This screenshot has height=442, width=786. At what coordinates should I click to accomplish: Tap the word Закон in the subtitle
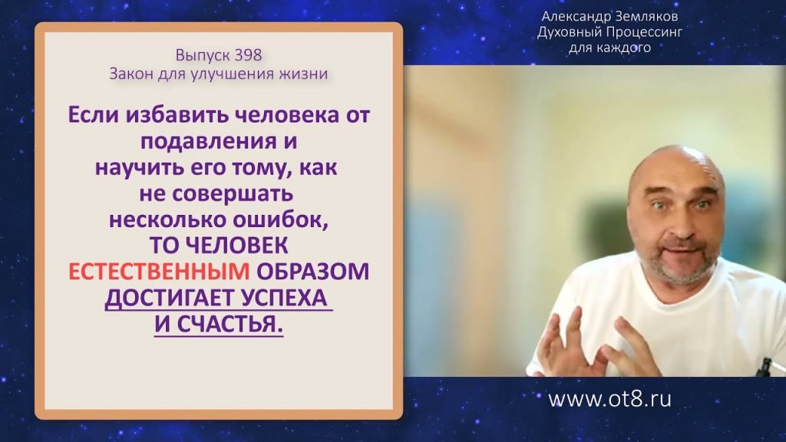click(131, 74)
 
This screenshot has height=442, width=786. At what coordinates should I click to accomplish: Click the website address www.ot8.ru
click(609, 399)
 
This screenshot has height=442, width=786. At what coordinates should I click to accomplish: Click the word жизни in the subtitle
click(308, 74)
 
